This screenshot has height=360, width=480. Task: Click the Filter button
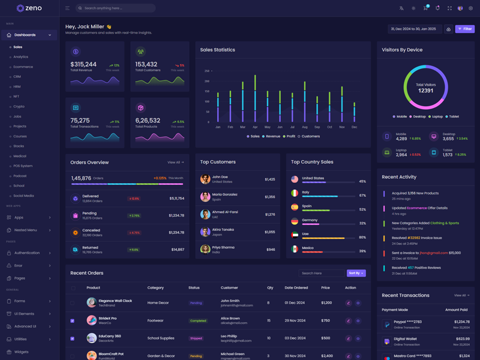tap(464, 29)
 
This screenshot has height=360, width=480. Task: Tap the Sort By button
tap(356, 273)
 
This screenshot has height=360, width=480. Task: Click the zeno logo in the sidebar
tap(29, 8)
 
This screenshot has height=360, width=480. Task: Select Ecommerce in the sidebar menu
tap(23, 67)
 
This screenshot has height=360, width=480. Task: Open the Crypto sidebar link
tap(19, 106)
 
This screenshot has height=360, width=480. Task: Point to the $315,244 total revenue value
tap(83, 64)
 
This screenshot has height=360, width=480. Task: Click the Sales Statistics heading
tap(218, 50)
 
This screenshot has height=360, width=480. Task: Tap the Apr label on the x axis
tap(255, 127)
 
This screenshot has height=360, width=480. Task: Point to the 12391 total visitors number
tap(425, 91)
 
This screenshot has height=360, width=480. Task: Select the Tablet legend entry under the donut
tap(452, 116)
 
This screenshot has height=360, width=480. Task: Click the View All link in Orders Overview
tap(175, 163)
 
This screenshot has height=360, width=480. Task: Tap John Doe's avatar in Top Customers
tap(205, 179)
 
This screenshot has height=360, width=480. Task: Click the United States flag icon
tap(295, 179)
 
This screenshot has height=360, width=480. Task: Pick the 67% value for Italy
tap(362, 195)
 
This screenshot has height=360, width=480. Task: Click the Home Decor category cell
tap(158, 303)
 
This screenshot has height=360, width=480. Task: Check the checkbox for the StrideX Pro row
tap(73, 321)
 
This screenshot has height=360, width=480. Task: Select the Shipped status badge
tap(196, 338)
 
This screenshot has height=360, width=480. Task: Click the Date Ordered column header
tap(296, 288)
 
